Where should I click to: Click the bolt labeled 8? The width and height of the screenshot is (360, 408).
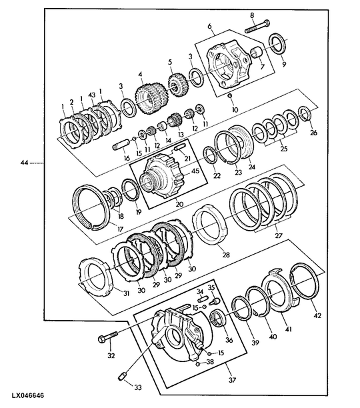257,26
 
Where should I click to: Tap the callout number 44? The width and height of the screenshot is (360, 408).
24,163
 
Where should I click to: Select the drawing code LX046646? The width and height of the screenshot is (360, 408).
28,396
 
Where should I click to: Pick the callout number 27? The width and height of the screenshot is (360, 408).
279,235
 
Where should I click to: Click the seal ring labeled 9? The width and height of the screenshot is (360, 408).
277,44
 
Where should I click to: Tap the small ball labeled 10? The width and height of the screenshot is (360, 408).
230,97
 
